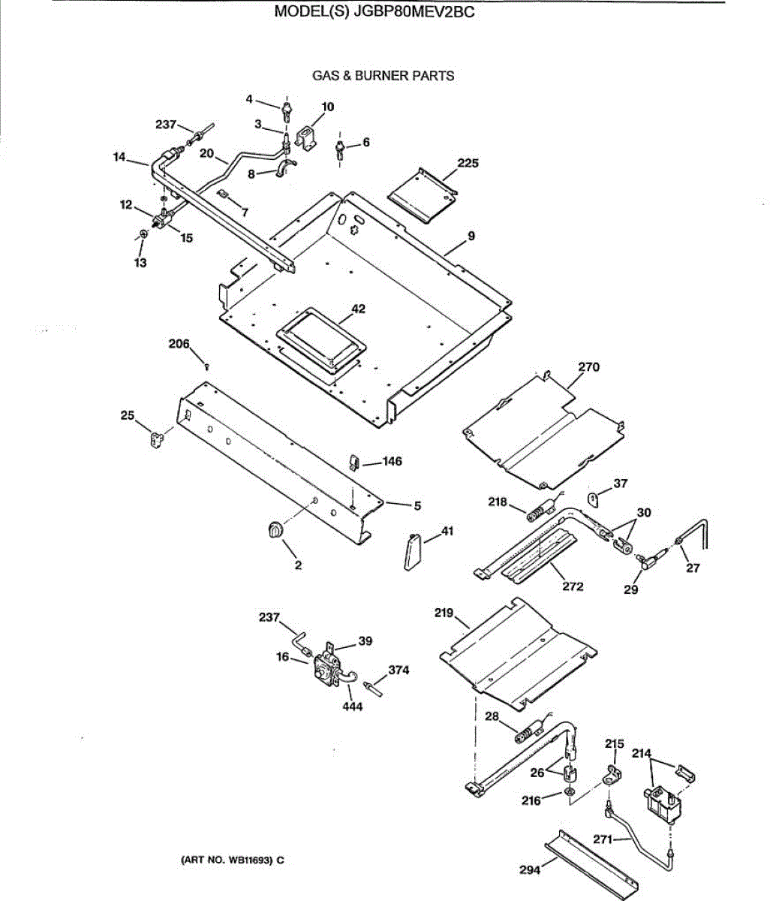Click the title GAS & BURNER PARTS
[383, 75]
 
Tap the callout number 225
[468, 163]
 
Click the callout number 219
[444, 613]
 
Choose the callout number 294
[530, 870]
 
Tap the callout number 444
[352, 706]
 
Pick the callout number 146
[392, 461]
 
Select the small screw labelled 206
[206, 366]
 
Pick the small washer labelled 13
[145, 235]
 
